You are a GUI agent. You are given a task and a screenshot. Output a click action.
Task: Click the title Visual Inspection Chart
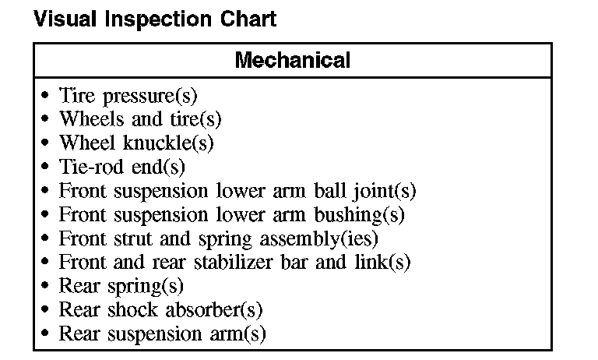pyautogui.click(x=154, y=19)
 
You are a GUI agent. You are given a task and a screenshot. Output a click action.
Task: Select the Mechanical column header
pyautogui.click(x=292, y=60)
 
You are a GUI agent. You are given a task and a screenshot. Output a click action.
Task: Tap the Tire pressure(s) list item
pyautogui.click(x=128, y=97)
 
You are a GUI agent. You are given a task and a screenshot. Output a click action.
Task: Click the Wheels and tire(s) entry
pyautogui.click(x=140, y=120)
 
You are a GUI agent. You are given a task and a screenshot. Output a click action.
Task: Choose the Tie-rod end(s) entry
pyautogui.click(x=122, y=168)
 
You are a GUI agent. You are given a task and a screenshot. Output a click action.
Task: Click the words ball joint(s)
pyautogui.click(x=369, y=192)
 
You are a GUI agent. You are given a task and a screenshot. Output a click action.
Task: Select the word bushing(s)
pyautogui.click(x=364, y=215)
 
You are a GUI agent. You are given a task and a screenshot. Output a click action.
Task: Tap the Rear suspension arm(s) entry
pyautogui.click(x=162, y=334)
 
